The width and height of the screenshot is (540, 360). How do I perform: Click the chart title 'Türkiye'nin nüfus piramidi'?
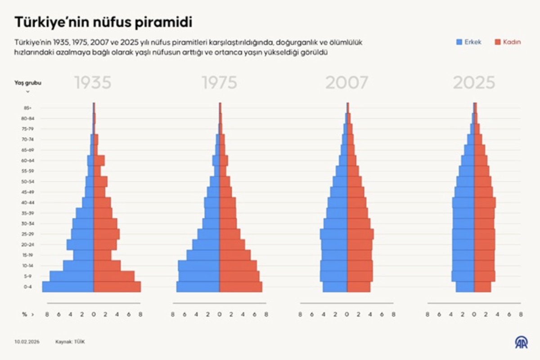(x=104, y=22)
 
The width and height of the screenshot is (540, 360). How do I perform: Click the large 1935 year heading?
(x=93, y=83)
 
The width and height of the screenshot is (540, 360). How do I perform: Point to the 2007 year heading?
(x=346, y=83)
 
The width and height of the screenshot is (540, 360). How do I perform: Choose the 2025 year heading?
(x=474, y=83)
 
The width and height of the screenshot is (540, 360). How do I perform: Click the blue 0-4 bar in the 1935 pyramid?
(x=68, y=287)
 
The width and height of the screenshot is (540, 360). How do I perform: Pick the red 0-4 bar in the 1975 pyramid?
(x=240, y=287)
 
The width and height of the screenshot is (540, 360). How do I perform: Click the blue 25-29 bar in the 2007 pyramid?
(x=333, y=234)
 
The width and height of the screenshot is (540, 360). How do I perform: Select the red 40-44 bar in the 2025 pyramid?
(x=485, y=202)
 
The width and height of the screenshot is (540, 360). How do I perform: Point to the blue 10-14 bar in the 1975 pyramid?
(x=199, y=265)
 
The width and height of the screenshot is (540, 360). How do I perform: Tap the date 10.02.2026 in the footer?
(x=27, y=342)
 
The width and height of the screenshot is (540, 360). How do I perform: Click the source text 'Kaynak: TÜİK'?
(x=70, y=342)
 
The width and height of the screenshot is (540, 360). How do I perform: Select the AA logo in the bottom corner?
(x=521, y=342)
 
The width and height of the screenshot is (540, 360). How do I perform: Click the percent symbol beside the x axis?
(x=24, y=315)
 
